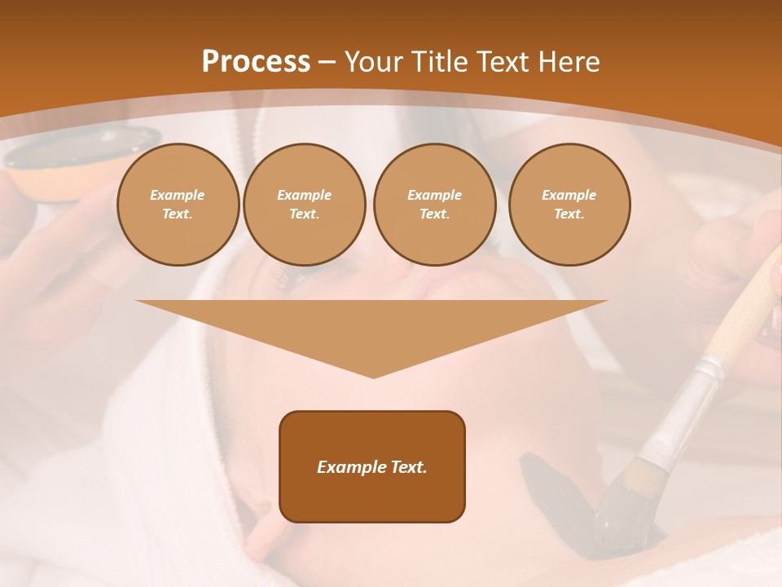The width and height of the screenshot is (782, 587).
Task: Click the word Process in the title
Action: pos(256,62)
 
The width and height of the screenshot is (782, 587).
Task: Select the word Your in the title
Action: pos(373,62)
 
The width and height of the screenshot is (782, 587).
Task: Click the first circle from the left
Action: pos(178,204)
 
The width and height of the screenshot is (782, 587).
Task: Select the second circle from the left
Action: pos(304,204)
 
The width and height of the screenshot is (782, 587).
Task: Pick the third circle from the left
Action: pos(434,204)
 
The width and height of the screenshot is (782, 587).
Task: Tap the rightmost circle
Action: pos(569,204)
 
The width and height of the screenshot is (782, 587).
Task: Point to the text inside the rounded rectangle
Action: pos(372,467)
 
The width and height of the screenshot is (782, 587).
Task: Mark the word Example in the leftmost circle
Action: pos(178,195)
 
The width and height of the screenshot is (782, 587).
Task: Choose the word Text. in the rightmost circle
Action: pos(569,214)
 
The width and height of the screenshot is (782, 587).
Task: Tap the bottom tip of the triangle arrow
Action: pos(373,377)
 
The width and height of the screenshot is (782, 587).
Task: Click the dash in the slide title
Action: pos(327,62)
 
